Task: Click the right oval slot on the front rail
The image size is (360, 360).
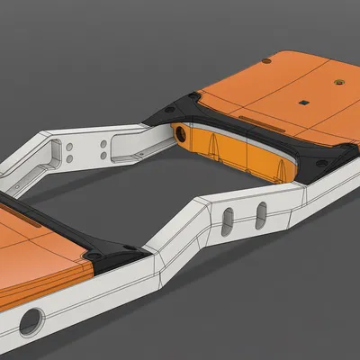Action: point(260,213)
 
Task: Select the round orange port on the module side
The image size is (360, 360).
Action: point(183,136)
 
